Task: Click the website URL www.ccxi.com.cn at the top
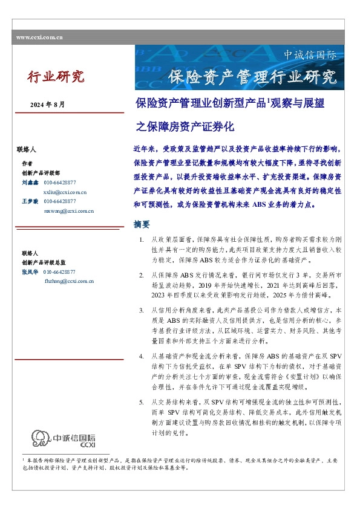click(40, 37)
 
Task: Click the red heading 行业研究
click(56, 77)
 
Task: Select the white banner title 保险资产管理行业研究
click(252, 77)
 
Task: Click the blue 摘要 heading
click(141, 225)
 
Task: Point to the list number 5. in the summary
click(141, 402)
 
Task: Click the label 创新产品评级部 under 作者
click(40, 172)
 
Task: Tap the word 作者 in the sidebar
click(27, 163)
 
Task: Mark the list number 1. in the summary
click(141, 241)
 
